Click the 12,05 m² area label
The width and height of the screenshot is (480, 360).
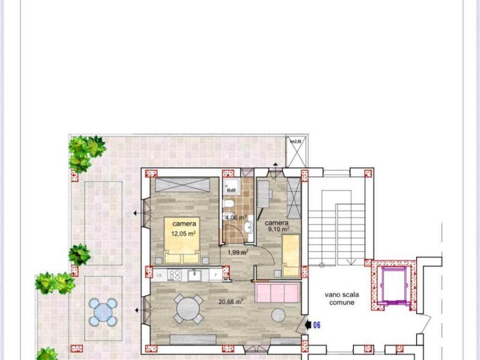(183, 233)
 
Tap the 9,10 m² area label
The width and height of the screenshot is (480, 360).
(278, 230)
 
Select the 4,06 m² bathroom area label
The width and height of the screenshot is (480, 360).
(236, 217)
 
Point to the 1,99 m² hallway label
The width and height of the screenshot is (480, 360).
(238, 252)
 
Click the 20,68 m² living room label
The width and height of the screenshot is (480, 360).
(231, 302)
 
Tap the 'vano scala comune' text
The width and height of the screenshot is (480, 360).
(342, 299)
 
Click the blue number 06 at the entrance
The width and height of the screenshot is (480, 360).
(316, 325)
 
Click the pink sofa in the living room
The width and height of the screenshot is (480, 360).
(277, 293)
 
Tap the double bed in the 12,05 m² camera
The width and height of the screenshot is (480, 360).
(182, 240)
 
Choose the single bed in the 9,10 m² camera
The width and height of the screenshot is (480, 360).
(291, 255)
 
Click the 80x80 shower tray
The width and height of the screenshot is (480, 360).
(231, 186)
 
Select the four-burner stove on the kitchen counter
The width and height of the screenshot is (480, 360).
(175, 275)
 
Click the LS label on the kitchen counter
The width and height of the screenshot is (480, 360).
(159, 276)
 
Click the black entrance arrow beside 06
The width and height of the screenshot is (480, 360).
(307, 324)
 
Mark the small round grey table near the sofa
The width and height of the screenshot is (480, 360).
(278, 315)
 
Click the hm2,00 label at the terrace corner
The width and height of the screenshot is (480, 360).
(296, 141)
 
